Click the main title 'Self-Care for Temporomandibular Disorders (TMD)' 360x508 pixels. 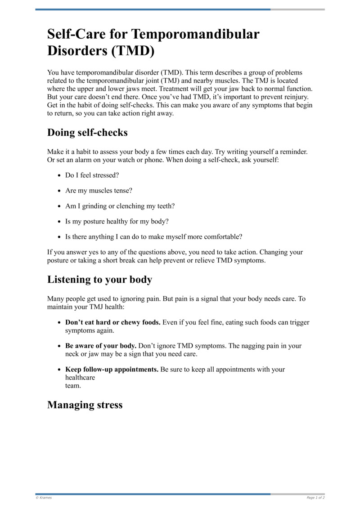[x=153, y=42]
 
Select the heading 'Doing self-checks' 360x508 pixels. [x=87, y=133]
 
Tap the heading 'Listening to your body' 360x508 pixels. [x=99, y=280]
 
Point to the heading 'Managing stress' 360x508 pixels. [x=85, y=405]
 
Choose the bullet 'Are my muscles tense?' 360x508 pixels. [x=99, y=191]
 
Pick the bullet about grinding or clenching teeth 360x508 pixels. [x=120, y=206]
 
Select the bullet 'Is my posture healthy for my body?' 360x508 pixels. [x=117, y=221]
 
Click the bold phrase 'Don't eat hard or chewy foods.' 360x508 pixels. [x=113, y=322]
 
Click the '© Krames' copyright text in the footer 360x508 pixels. [x=44, y=498]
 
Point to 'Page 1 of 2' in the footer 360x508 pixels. [x=315, y=498]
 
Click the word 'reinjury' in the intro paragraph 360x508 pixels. [x=299, y=97]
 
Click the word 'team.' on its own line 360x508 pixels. [x=74, y=385]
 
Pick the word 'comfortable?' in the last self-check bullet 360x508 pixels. [x=223, y=236]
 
